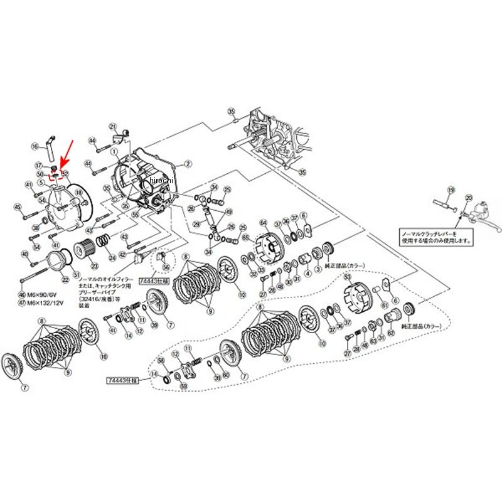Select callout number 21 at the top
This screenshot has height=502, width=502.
[x=113, y=125]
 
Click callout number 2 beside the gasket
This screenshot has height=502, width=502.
[x=187, y=164]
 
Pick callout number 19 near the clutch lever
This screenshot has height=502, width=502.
[x=450, y=189]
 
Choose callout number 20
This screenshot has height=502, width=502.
[x=467, y=198]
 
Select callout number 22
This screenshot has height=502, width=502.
[x=65, y=279]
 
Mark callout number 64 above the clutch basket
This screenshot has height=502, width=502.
[x=264, y=222]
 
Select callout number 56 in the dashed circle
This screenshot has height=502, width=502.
[x=166, y=267]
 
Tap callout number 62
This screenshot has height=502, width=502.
[x=391, y=333]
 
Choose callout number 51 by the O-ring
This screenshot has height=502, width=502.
[x=77, y=274]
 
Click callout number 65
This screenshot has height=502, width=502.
[x=245, y=237]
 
